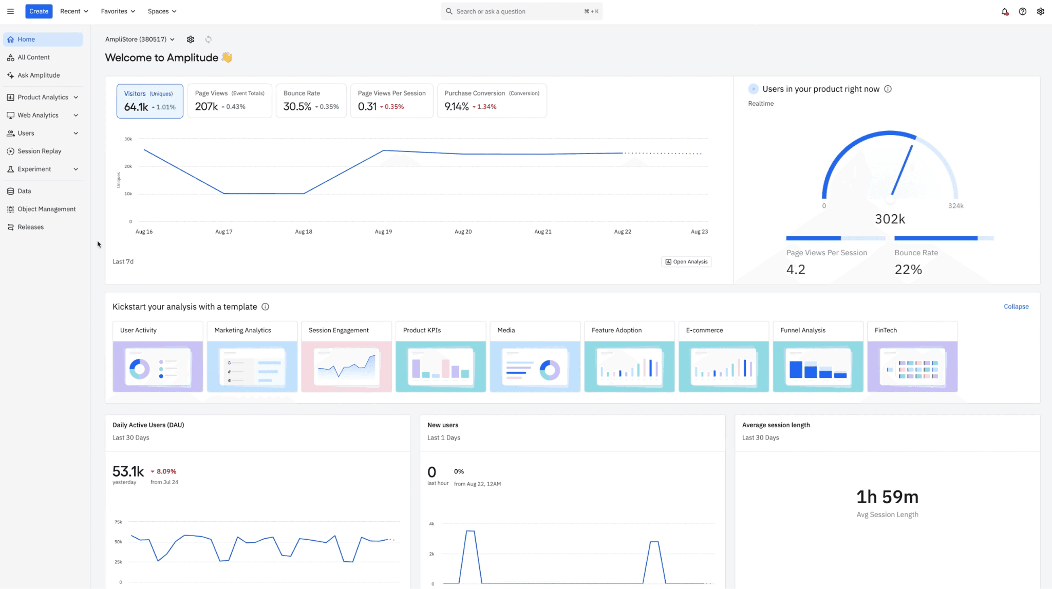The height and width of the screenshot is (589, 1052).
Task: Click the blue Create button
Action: pos(39,11)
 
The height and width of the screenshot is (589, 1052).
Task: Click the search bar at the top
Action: pos(521,11)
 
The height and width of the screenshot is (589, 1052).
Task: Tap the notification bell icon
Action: pos(1005,11)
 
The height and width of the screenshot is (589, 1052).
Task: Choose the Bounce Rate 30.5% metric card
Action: pos(311,101)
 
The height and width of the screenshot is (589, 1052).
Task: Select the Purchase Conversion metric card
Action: pos(492,101)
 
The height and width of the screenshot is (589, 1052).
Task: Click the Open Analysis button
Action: pos(686,262)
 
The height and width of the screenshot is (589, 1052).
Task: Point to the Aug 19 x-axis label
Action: pos(383,232)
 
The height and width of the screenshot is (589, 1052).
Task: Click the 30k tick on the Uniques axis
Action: pos(128,139)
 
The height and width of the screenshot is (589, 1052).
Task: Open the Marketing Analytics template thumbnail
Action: pos(252,367)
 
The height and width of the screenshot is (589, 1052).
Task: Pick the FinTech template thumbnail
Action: pos(912,367)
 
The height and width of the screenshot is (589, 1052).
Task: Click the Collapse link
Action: pos(1016,307)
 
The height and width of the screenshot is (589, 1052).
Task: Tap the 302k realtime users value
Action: pos(890,219)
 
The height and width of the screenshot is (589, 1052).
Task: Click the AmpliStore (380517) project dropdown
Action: pos(140,40)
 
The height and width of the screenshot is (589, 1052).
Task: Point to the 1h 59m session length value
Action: pos(887,497)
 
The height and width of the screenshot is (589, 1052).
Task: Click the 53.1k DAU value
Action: pos(128,471)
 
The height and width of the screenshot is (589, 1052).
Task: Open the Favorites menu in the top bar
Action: pos(118,11)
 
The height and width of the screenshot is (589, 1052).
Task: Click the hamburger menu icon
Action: pos(10,11)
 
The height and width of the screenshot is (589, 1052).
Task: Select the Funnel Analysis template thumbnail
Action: pos(818,367)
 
